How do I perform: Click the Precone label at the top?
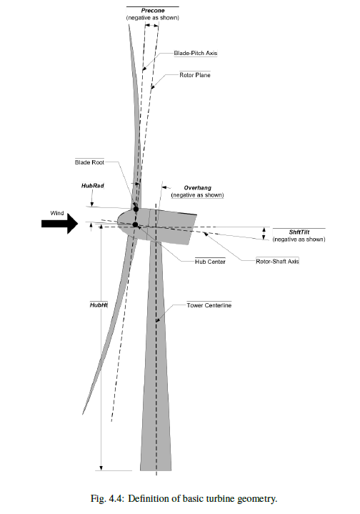pos(153,11)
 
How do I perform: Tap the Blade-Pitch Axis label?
pos(196,53)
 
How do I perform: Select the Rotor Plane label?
pos(195,75)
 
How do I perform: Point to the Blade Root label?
pos(89,162)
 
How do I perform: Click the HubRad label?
pos(93,186)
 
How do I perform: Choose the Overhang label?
pos(198,188)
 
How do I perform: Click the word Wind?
pos(57,213)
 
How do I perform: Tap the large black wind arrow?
pos(59,224)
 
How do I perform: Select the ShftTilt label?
pos(299,232)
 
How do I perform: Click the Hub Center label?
pos(210,262)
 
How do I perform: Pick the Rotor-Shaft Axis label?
pos(277,261)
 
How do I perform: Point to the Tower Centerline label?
pos(209,305)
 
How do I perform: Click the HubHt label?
pos(99,305)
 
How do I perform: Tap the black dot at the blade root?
pos(136,209)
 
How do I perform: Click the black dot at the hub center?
pos(135,224)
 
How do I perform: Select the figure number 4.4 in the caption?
pos(116,499)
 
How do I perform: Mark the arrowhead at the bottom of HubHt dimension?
pos(101,468)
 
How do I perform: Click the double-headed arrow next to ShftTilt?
pos(264,233)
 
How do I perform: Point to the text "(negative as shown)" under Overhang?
pos(198,195)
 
